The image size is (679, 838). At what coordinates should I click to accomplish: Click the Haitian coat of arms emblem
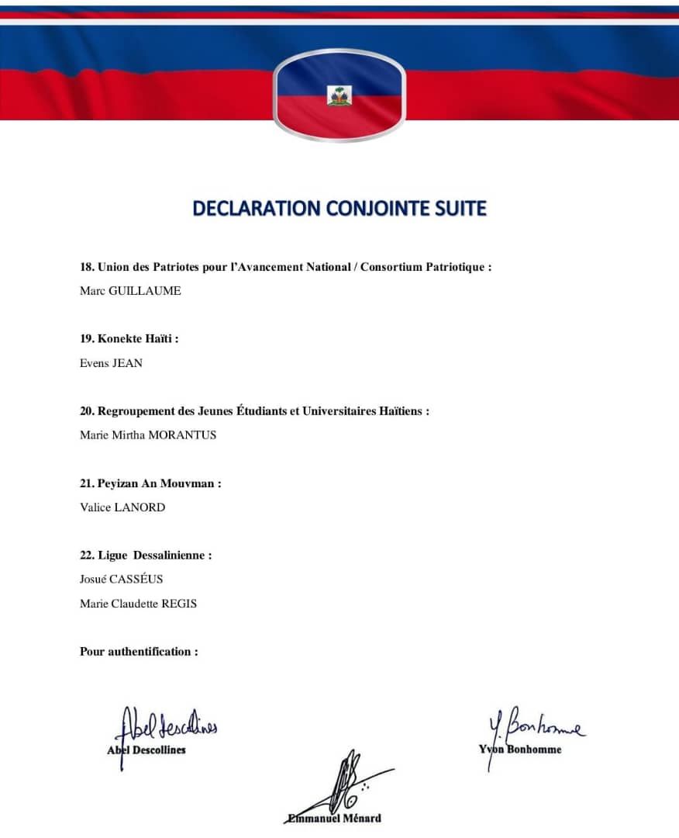click(x=339, y=95)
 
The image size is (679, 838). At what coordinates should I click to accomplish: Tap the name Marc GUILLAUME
click(x=130, y=291)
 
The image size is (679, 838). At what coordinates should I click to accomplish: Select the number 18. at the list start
click(x=87, y=267)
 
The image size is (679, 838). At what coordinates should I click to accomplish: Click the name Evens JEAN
click(x=111, y=362)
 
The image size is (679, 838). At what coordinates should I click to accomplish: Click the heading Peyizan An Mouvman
click(x=159, y=483)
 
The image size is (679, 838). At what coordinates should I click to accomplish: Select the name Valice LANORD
click(x=122, y=507)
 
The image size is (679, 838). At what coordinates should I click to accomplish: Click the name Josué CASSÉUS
click(x=122, y=579)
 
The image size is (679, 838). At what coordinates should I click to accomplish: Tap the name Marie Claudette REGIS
click(x=138, y=603)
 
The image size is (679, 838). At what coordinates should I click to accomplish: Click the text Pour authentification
click(x=139, y=652)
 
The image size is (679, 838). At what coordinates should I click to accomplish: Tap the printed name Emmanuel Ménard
click(x=333, y=818)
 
